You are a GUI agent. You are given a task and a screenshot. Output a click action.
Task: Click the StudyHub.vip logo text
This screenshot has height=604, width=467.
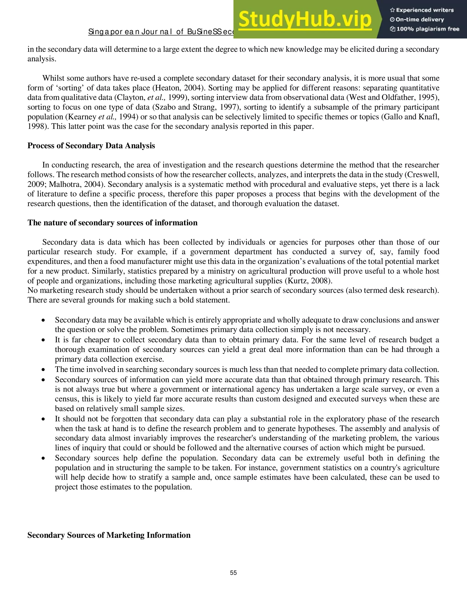[304, 19]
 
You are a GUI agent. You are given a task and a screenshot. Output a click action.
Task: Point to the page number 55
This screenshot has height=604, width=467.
[233, 573]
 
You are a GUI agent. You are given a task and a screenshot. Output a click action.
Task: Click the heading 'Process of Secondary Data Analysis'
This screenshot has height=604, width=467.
[91, 146]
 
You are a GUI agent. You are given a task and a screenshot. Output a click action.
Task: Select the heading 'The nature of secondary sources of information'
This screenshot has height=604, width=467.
[112, 223]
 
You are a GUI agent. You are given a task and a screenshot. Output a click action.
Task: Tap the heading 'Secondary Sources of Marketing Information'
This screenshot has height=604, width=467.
[109, 535]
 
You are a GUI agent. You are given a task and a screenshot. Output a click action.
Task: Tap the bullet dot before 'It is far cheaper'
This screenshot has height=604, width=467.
[43, 340]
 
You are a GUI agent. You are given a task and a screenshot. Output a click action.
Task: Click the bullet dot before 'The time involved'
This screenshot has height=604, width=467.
[43, 370]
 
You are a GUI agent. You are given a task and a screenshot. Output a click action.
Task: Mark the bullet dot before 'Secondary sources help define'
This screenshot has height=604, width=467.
[43, 459]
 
